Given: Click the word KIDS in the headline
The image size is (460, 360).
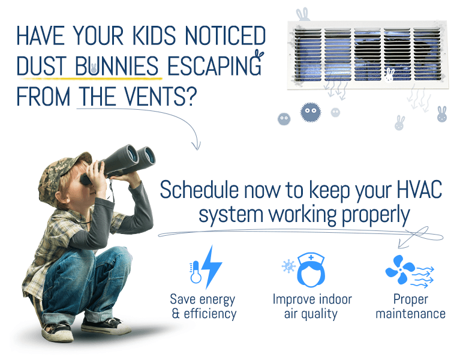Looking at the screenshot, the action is tap(154, 36).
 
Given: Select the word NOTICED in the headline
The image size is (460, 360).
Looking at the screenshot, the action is tap(226, 36).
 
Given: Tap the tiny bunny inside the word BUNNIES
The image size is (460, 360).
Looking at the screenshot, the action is tap(94, 68).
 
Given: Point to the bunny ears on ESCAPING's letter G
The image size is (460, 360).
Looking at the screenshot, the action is tap(259, 55).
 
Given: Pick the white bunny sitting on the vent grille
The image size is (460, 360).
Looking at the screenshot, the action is tap(389, 74).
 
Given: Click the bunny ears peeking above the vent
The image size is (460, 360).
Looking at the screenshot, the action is tap(303, 14).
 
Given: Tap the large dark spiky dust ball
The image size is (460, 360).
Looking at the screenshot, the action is tap(311, 112).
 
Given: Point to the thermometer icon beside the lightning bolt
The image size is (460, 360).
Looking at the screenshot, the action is tap(196, 272).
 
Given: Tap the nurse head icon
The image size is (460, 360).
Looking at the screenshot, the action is tap(311, 269).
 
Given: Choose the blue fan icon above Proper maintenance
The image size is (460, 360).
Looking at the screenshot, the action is tap(400, 269).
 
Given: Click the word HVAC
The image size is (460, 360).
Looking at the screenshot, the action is tap(419, 190).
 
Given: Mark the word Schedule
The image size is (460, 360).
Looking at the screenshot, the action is tap(199, 190).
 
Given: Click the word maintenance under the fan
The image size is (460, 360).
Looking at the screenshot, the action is tap(411, 314).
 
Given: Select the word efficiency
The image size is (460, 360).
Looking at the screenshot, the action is tap(210, 314).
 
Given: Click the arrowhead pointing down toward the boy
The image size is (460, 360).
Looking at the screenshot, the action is tap(196, 146).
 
